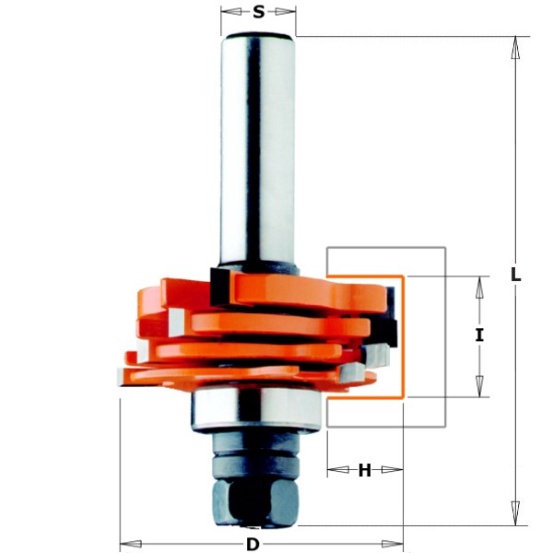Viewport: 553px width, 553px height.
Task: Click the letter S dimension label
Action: [x=258, y=12]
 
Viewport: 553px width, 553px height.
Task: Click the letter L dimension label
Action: [x=515, y=275]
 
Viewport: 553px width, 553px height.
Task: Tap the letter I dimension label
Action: [x=479, y=335]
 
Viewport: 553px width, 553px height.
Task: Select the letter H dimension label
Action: [x=365, y=470]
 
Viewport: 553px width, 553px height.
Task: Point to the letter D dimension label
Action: [x=253, y=545]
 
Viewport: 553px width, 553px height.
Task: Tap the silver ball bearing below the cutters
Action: [x=255, y=409]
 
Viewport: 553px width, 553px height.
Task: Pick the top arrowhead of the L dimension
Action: [x=515, y=48]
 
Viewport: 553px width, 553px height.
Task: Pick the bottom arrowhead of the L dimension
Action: [x=515, y=513]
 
